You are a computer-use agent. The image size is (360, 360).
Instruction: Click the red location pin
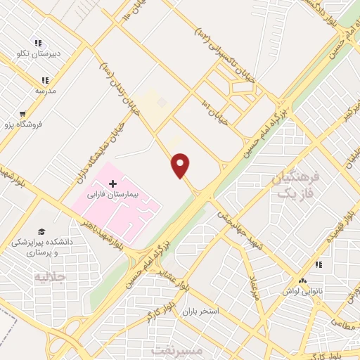pos(181,165)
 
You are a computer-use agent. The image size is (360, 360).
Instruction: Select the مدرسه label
pos(46,91)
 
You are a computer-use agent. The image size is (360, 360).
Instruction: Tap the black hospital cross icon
pos(112,182)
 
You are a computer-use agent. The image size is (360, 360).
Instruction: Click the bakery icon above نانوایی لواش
pos(318,265)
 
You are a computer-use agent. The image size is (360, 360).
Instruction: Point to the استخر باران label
pos(200,310)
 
